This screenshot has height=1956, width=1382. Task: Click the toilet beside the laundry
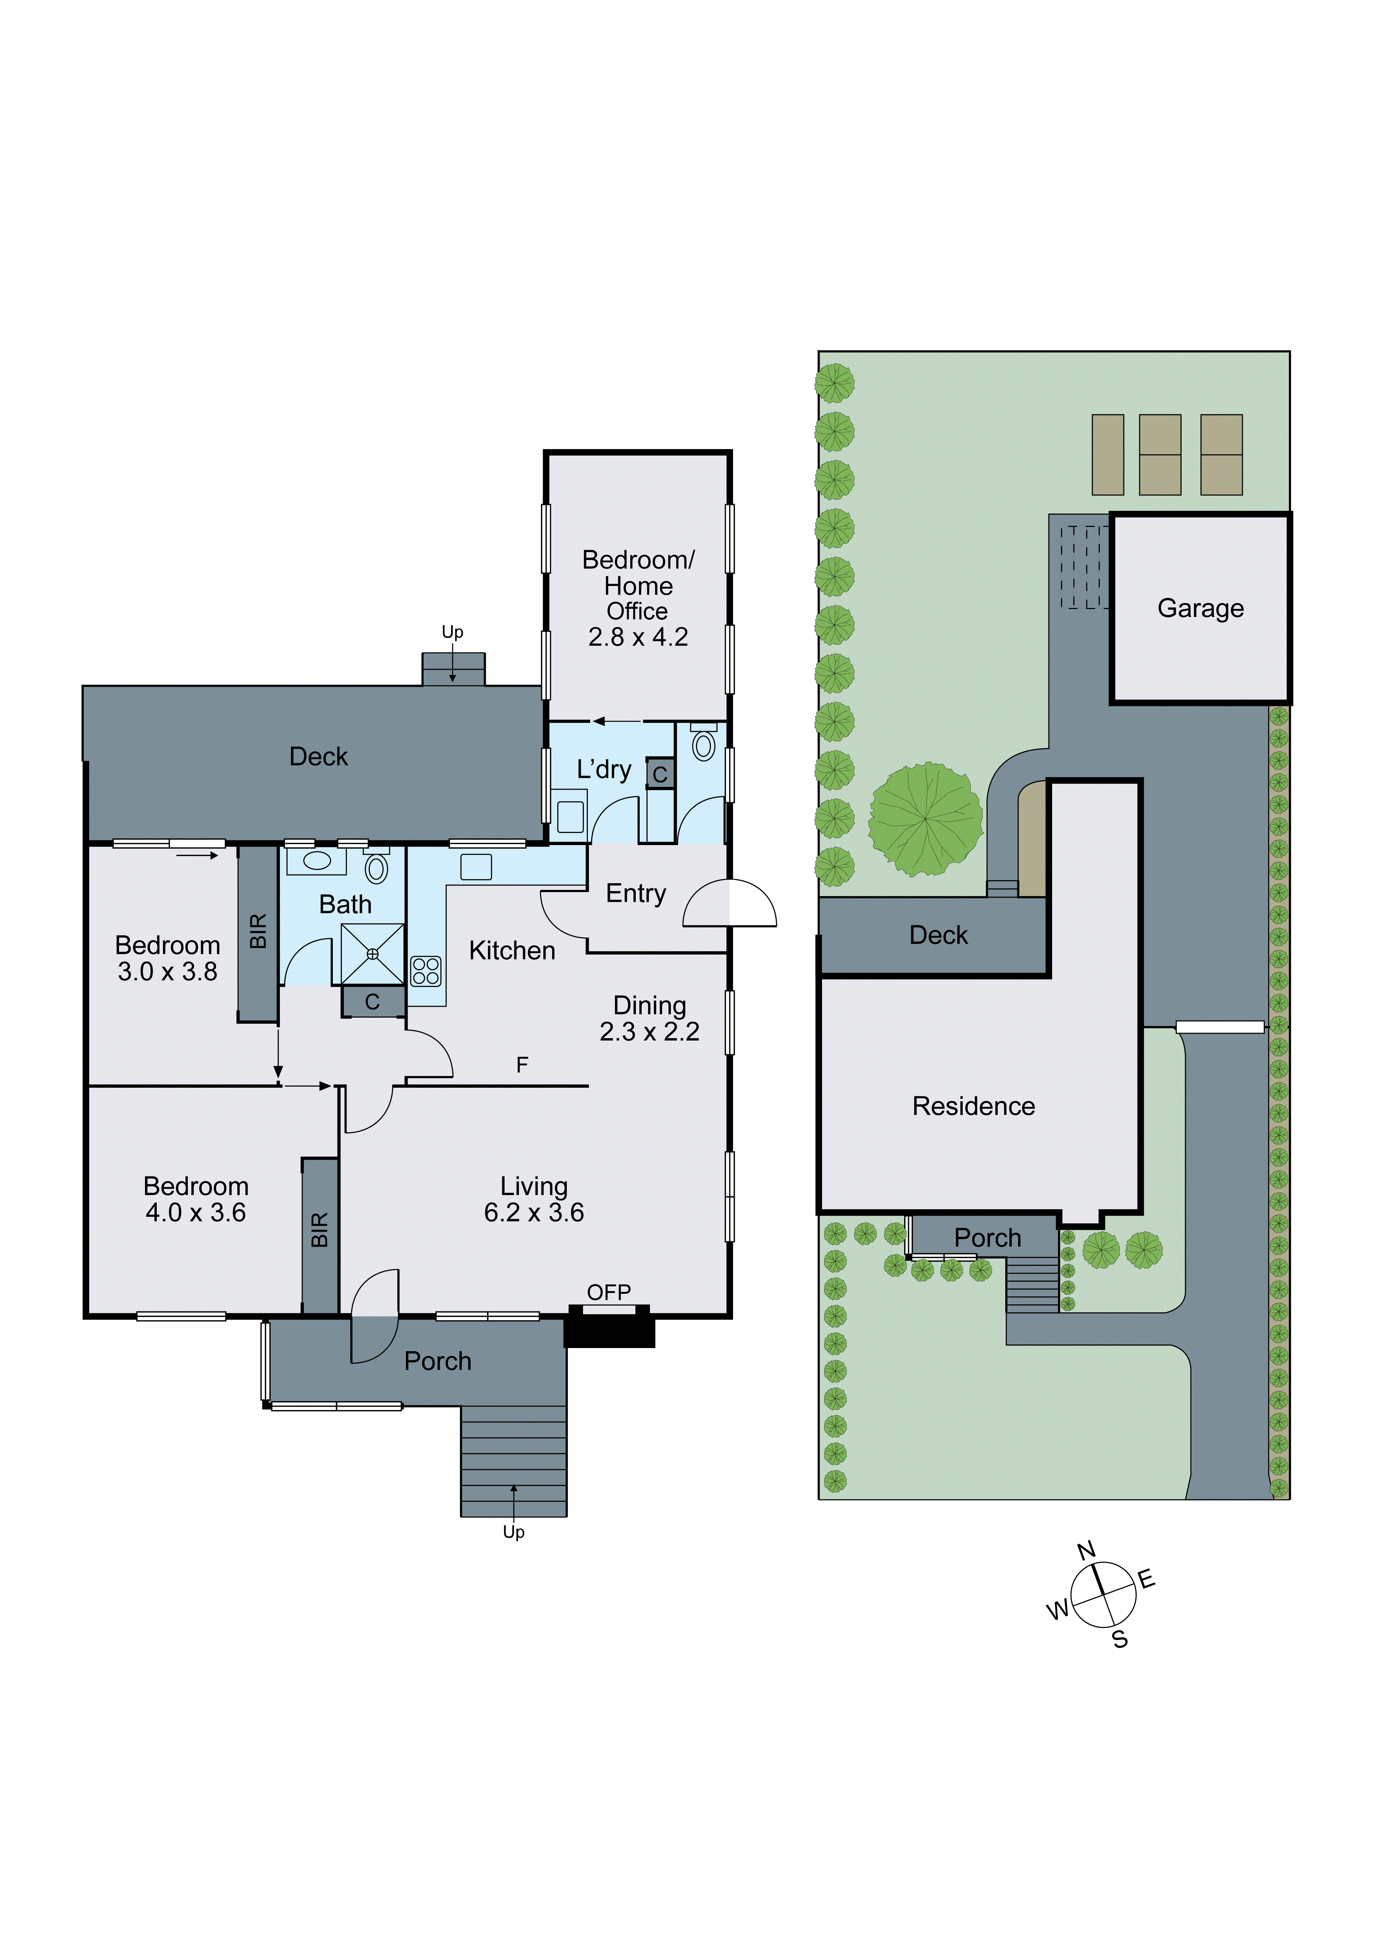pyautogui.click(x=703, y=744)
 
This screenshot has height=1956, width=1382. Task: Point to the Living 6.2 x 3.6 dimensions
pyautogui.click(x=534, y=1212)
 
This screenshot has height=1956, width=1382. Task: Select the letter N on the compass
pyautogui.click(x=1087, y=1551)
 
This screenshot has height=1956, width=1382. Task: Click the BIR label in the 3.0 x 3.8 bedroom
pyautogui.click(x=258, y=931)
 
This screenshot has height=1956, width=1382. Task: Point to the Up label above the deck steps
pyautogui.click(x=452, y=632)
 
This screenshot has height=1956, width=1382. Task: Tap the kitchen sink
pyautogui.click(x=476, y=866)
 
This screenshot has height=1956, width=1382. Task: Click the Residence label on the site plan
pyautogui.click(x=973, y=1106)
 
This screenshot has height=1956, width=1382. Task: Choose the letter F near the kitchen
pyautogui.click(x=522, y=1064)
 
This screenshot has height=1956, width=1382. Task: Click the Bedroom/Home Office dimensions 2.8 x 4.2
pyautogui.click(x=638, y=637)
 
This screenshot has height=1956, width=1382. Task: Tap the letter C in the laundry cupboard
pyautogui.click(x=660, y=774)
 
